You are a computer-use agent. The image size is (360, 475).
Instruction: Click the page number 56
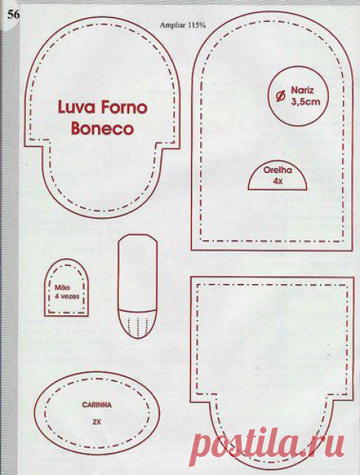coord(13,15)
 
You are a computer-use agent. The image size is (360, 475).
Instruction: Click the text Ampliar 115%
coord(182,25)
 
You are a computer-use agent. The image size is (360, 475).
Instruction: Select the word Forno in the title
coord(124,107)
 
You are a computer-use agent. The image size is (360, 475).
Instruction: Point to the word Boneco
coord(103,128)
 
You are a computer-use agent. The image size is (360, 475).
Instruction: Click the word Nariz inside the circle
coord(302,90)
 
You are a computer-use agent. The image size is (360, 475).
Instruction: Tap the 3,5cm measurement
coord(305,102)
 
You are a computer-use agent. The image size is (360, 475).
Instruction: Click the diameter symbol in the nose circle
coord(281,96)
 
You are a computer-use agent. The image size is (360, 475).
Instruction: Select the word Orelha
coord(278,170)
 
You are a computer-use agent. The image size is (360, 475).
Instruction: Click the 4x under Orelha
coord(278,181)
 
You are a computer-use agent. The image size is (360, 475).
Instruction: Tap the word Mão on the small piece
coord(62,287)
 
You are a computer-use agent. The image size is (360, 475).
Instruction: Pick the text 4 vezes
coord(67,296)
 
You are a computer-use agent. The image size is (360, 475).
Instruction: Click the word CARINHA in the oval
coord(97,405)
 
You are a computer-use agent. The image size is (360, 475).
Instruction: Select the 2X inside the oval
coord(97,422)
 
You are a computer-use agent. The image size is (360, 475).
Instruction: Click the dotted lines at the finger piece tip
coord(138,326)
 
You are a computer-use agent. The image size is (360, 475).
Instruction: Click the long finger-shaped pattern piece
coord(117,288)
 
